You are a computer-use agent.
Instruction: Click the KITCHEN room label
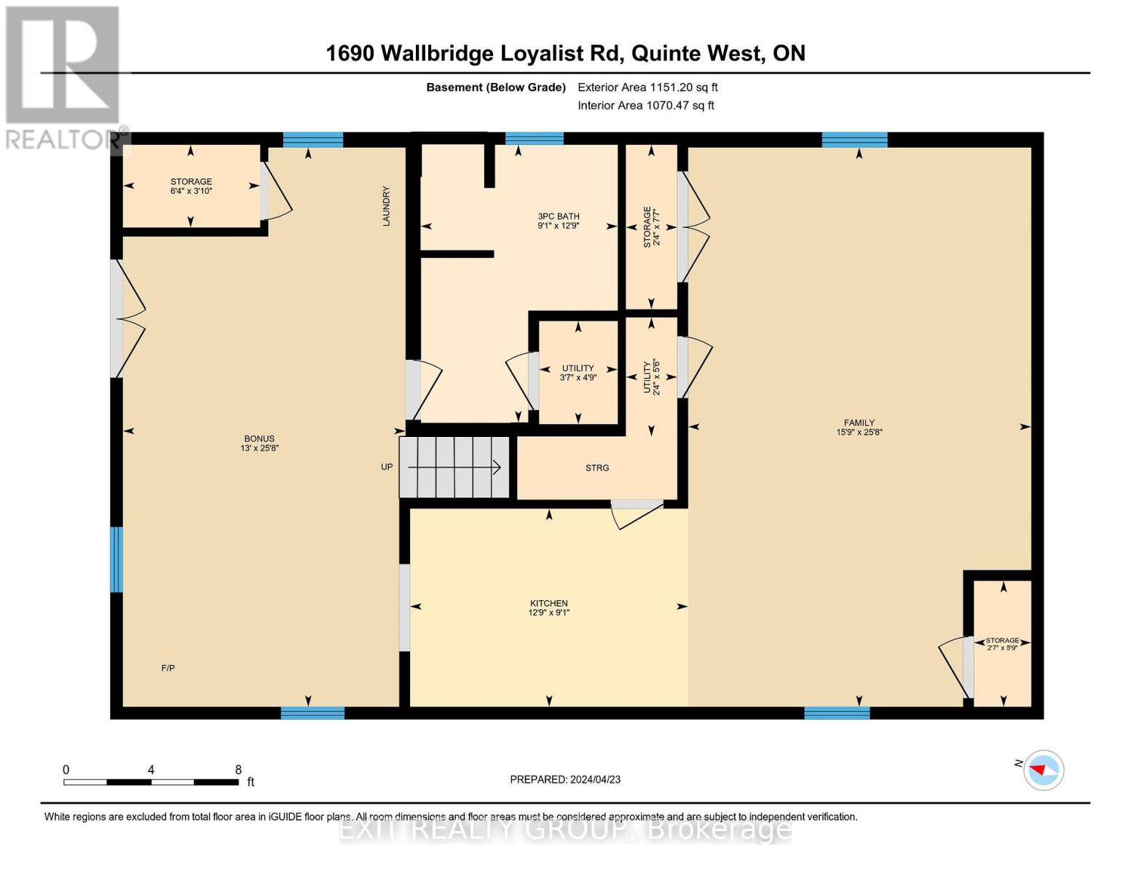pos(548,607)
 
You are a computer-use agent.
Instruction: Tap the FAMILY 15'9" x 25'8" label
pos(859,427)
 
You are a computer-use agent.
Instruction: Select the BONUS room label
pos(259,443)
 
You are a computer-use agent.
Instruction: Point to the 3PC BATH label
pos(559,221)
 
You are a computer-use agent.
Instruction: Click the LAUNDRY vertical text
pos(387,206)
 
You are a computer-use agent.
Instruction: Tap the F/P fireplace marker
pos(168,668)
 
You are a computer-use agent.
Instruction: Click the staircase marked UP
pos(455,467)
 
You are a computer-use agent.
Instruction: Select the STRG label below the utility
pos(597,468)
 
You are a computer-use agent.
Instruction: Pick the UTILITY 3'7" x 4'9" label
pos(578,373)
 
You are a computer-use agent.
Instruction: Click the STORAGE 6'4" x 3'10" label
pos(191,186)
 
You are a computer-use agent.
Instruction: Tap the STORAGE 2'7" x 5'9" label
pos(1002,644)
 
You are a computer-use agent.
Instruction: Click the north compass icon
pos(1044,770)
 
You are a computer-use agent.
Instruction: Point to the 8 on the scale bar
pos(238,770)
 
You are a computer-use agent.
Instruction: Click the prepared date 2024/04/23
pos(565,779)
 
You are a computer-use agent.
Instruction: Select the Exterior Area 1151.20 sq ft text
pos(647,87)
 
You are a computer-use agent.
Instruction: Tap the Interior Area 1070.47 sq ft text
pos(645,106)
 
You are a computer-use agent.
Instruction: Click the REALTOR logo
pos(64,76)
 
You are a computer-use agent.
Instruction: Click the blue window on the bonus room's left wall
pos(117,559)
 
